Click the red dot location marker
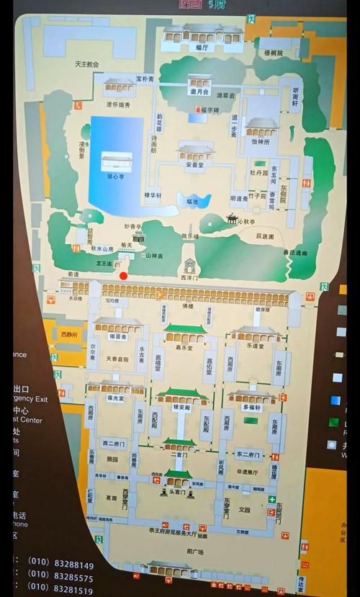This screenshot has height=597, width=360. click(x=123, y=275)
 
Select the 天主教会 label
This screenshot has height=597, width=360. click(x=86, y=63)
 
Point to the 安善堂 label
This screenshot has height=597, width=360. click(x=195, y=163)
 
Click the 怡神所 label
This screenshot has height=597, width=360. click(x=261, y=142)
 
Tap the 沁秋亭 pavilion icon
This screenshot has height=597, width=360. click(x=232, y=218)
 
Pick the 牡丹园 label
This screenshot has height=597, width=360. click(x=259, y=174)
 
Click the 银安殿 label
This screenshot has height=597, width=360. click(x=181, y=407)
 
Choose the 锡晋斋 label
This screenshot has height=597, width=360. click(x=118, y=336)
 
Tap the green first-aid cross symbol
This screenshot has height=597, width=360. click(x=271, y=499)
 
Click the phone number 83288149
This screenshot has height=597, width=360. click(x=71, y=565)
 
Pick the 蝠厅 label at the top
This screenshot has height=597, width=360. click(x=202, y=47)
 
